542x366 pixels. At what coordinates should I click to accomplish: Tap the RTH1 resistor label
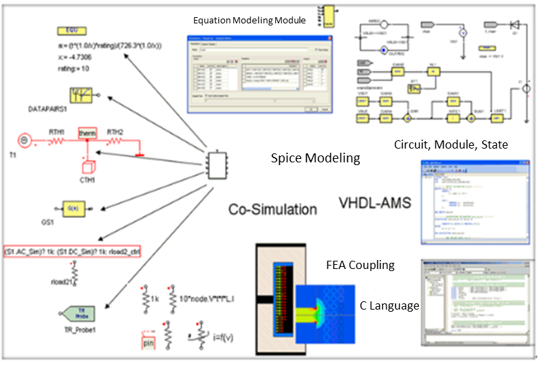coord(56,133)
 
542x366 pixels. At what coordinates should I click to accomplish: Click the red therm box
coord(87,133)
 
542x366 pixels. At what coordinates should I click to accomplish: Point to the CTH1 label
coord(87,181)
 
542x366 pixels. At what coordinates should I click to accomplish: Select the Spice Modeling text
coord(316,158)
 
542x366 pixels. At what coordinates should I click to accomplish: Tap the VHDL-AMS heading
coord(374,204)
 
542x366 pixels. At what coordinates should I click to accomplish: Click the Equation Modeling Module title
coord(250,21)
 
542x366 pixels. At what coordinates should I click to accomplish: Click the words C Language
coord(389,305)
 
